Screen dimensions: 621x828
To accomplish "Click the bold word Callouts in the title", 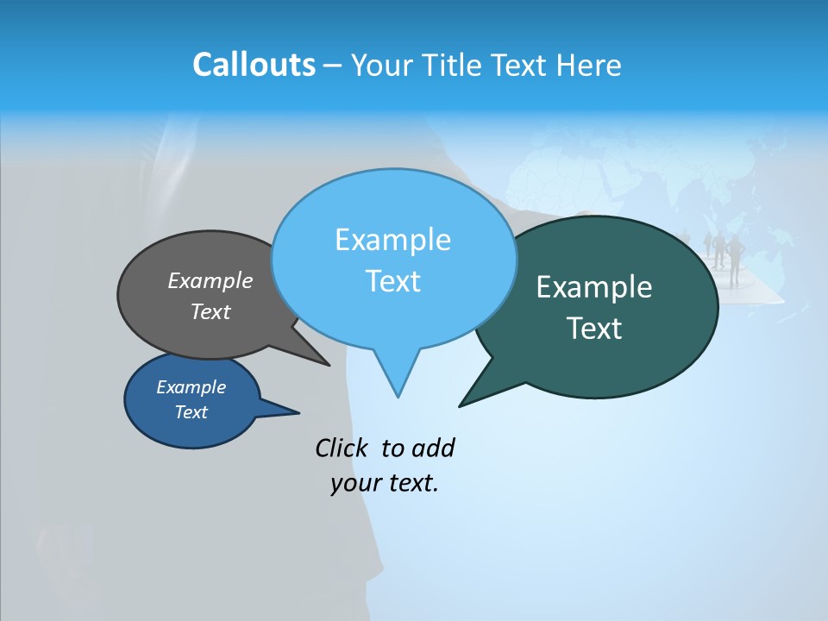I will [x=254, y=65].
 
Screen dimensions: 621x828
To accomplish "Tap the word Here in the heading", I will [x=589, y=65].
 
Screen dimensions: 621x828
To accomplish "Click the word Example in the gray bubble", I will [x=210, y=280].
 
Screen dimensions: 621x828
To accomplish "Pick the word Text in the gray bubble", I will [x=210, y=311].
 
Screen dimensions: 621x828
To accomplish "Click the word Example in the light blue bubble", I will [x=392, y=240].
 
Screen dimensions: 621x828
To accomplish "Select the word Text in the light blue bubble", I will [x=392, y=281].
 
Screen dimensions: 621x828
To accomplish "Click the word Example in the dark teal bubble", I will [x=594, y=286].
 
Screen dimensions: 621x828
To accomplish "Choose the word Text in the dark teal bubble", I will [x=594, y=328].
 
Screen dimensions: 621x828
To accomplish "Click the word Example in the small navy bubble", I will [x=191, y=387].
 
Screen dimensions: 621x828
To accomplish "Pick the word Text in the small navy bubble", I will [x=191, y=412].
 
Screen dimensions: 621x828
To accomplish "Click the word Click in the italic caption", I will [x=343, y=448].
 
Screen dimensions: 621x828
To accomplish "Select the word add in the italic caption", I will [x=433, y=448].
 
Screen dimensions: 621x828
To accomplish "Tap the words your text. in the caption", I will [x=385, y=483].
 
